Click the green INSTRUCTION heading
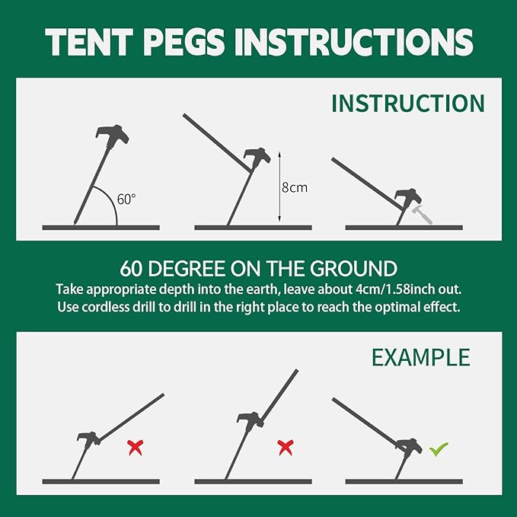pos(407,103)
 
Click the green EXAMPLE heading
pos(420,357)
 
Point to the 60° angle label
pos(126,199)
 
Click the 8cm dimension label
pos(294,187)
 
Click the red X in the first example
pos(135,448)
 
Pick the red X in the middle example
pos(286,447)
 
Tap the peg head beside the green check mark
pos(410,445)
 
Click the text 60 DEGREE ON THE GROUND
pos(258,268)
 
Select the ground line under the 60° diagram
pos(101,227)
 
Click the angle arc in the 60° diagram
pos(114,209)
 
